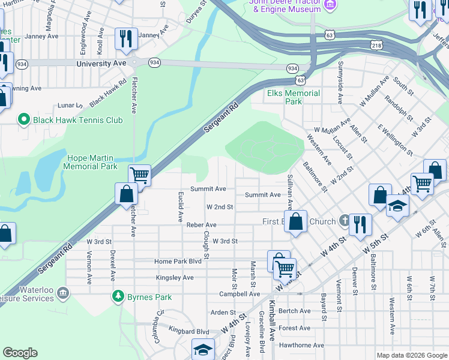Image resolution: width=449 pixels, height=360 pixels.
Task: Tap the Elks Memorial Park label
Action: pos(294,97)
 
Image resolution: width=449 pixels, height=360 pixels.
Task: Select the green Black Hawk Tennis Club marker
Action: pos(24,120)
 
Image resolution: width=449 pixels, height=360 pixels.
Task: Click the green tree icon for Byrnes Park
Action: pos(119,296)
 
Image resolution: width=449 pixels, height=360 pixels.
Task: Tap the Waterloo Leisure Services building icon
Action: pos(63,293)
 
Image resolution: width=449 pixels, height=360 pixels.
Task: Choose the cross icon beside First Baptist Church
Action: pos(344,221)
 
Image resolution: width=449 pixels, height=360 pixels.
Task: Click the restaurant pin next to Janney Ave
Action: pos(125,38)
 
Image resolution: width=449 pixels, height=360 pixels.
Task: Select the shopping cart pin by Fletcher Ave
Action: pos(139,175)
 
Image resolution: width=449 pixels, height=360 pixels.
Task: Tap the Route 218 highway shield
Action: pos(376,45)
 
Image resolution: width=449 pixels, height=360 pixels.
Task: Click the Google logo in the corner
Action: pos(20,353)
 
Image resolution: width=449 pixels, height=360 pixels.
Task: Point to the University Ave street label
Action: pos(101,63)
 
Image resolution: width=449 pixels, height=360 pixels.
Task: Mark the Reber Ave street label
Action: pos(201,225)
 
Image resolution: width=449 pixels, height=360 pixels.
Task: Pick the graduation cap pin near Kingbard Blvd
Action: pos(203,350)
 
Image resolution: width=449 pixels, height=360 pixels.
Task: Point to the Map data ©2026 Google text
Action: pos(411,355)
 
